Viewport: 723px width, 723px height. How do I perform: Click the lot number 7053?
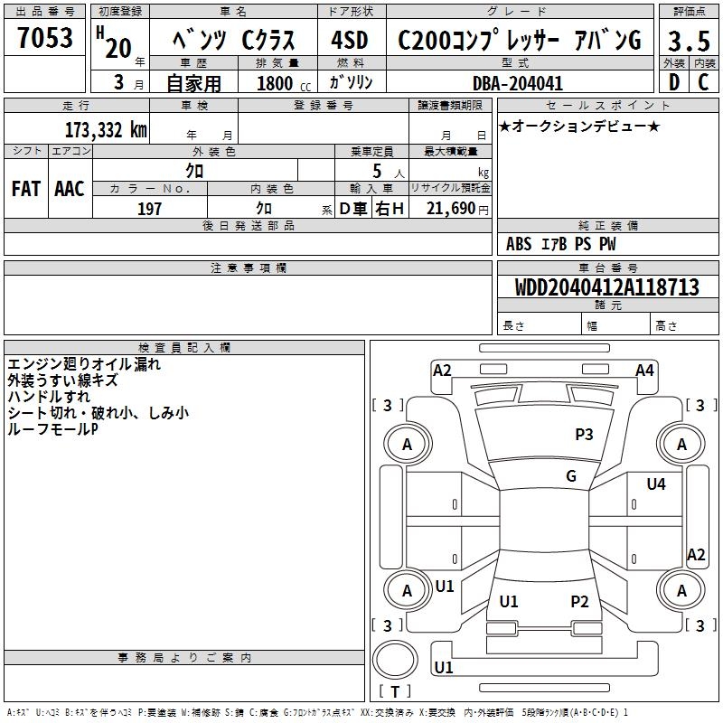[x=46, y=39]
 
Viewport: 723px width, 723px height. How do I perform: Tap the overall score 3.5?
[x=688, y=42]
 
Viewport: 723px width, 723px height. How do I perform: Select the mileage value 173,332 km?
[x=106, y=130]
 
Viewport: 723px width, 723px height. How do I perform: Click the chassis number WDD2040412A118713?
[x=608, y=287]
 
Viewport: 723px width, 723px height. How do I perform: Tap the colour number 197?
[x=149, y=209]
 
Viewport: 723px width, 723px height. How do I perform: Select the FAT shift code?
[x=26, y=189]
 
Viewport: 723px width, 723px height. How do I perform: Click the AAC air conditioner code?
[x=70, y=189]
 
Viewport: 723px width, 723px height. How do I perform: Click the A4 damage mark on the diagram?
[x=644, y=371]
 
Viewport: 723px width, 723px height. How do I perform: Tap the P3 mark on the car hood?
[x=584, y=435]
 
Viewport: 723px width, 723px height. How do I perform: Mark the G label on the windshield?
[x=571, y=476]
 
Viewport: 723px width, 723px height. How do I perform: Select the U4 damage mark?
[x=656, y=484]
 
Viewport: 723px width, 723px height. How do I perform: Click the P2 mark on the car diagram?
[x=579, y=602]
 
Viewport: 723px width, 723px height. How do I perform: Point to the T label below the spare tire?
[x=395, y=692]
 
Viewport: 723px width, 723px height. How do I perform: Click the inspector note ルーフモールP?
[x=52, y=429]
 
